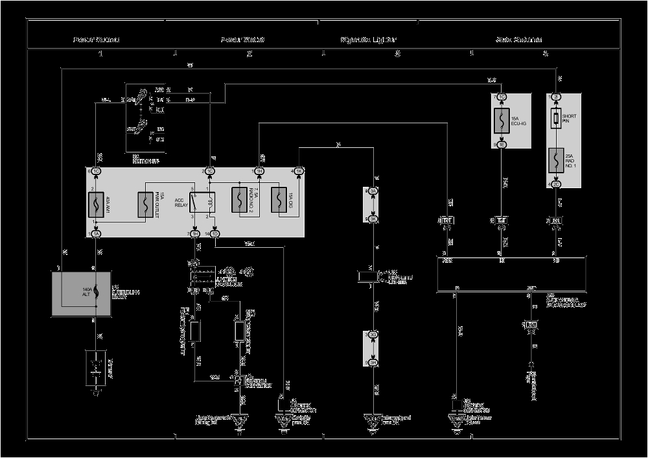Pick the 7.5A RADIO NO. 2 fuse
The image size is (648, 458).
240,200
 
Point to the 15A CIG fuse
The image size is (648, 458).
279,200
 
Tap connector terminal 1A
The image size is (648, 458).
96,234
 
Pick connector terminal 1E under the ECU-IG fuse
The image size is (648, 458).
502,145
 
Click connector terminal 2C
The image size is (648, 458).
556,184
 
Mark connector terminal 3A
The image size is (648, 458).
373,191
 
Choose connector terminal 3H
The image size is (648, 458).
373,363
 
